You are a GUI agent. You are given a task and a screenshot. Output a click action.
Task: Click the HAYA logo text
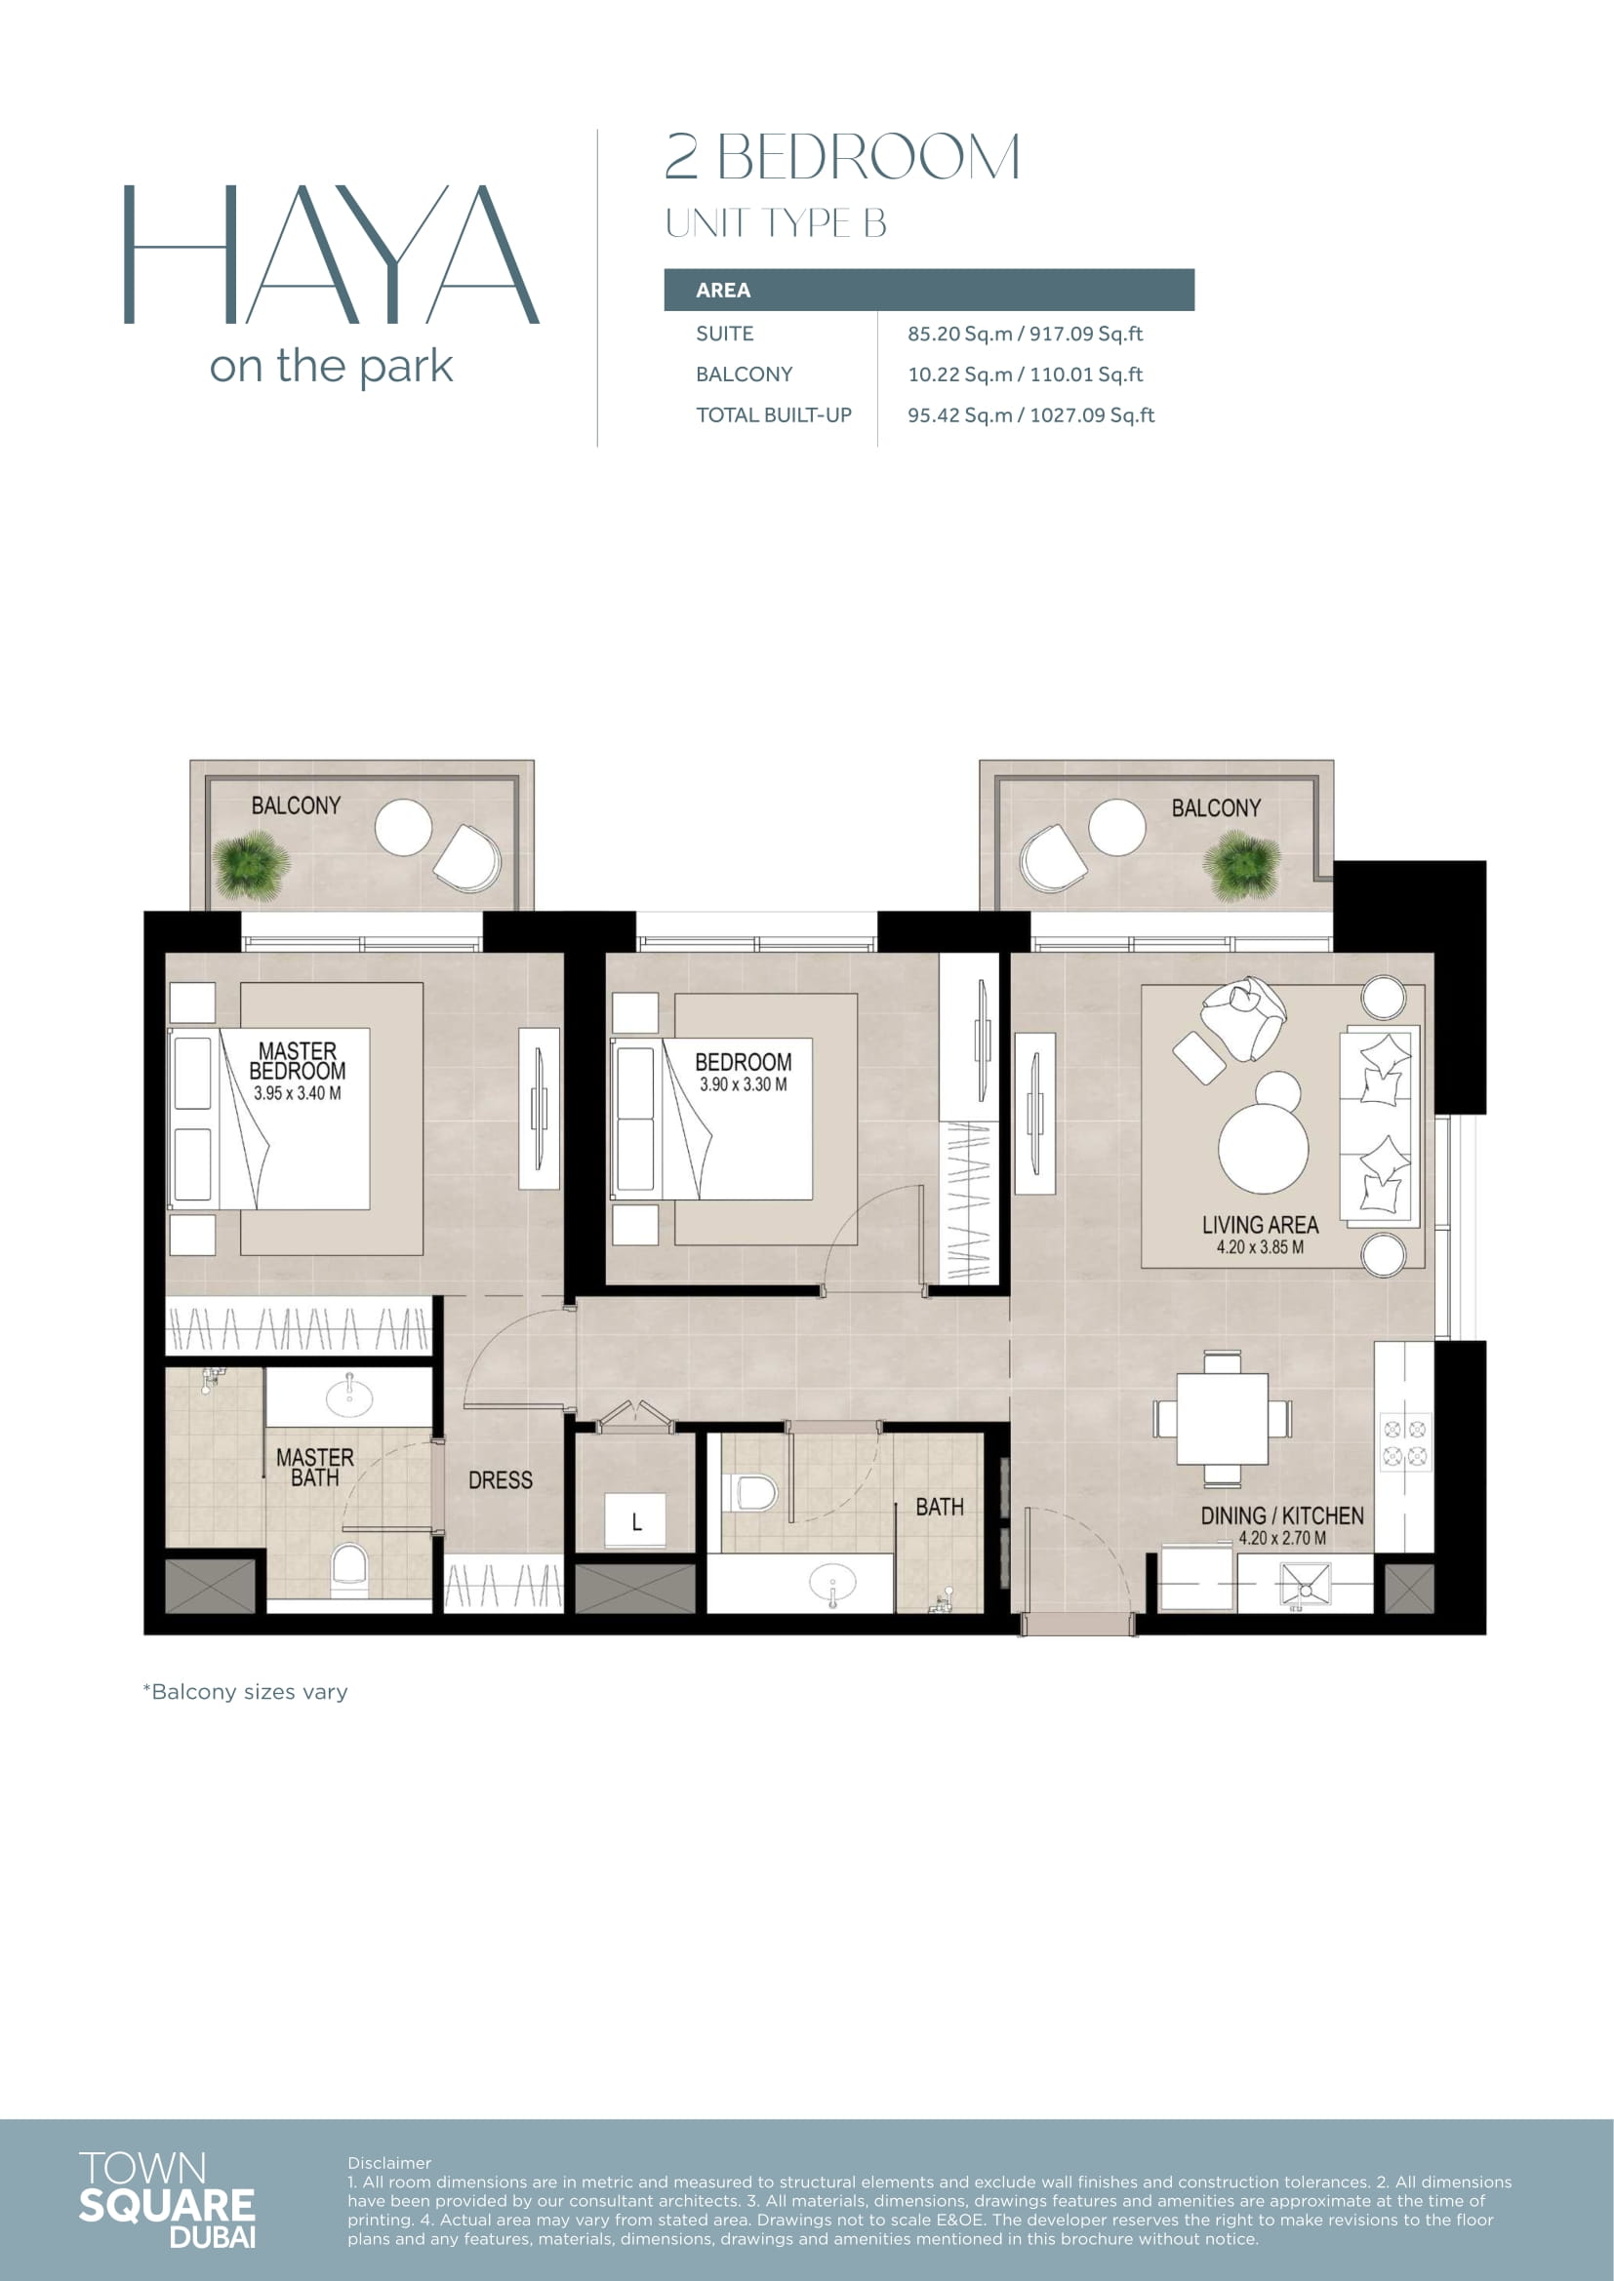point(331,255)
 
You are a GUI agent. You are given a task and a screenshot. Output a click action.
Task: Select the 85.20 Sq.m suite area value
point(959,334)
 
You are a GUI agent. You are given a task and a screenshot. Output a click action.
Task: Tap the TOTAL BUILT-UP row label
point(773,415)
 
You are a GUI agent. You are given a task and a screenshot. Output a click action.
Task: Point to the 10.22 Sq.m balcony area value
point(959,374)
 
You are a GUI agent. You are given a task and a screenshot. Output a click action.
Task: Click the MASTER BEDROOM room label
point(298,1061)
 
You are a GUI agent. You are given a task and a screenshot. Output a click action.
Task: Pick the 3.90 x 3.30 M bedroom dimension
point(744,1084)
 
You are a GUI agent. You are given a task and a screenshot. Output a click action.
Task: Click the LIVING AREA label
point(1260,1225)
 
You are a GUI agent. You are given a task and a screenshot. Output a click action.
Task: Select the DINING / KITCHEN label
point(1282,1516)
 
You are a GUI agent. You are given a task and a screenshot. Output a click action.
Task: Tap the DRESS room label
point(500,1480)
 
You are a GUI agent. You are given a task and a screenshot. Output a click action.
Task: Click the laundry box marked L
point(636,1521)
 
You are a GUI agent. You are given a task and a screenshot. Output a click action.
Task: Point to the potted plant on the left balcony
point(251,865)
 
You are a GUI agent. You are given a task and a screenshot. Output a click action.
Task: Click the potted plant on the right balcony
point(1241,865)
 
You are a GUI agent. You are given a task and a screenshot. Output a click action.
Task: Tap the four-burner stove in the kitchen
point(1405,1442)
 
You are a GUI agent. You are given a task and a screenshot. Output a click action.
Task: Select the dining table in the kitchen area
point(1223,1419)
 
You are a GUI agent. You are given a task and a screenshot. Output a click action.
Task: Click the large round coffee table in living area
point(1263,1148)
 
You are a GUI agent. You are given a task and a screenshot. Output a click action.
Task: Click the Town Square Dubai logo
point(167,2199)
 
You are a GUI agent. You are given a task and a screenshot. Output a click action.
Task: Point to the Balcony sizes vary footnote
point(246,1692)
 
